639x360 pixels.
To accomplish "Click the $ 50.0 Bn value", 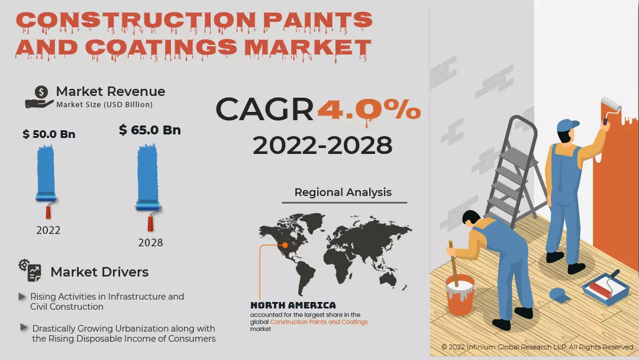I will click(49, 134).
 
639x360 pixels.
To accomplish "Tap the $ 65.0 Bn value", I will click(150, 130).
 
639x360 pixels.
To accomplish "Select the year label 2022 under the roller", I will click(48, 230).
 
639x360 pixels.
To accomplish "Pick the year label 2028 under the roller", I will click(150, 243).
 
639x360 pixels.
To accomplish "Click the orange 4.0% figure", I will click(369, 111).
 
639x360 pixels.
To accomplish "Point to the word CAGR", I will click(264, 110).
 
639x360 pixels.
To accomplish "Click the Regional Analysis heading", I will click(343, 192).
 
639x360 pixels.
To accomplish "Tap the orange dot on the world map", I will click(285, 245).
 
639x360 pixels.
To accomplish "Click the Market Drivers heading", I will click(99, 272).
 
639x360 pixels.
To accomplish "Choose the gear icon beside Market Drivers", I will click(30, 270).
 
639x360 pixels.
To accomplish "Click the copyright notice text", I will click(537, 347).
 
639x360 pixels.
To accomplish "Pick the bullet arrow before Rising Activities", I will click(22, 296).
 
